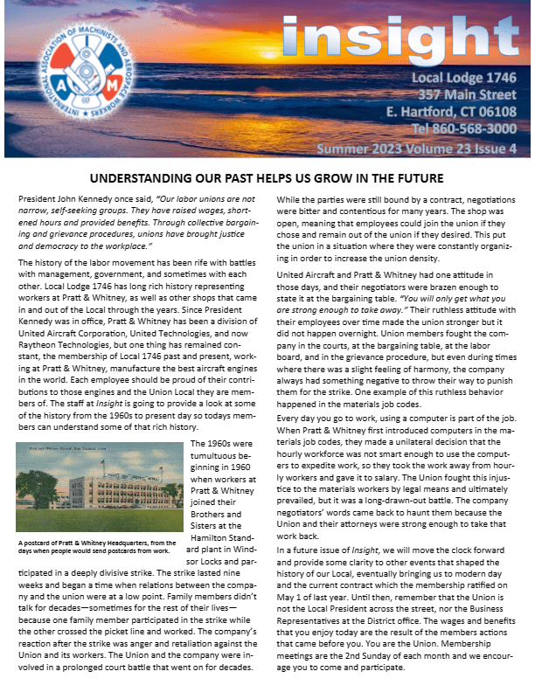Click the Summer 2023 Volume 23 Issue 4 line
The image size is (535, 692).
point(416,149)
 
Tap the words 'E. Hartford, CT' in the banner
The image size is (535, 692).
point(423,112)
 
